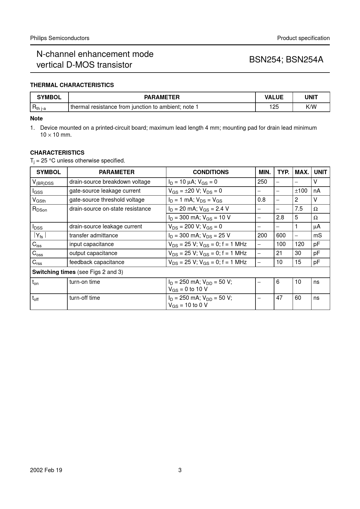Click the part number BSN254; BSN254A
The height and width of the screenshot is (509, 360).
point(286,59)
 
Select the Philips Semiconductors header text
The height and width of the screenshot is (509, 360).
point(60,38)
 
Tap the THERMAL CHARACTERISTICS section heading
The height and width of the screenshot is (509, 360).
point(72,85)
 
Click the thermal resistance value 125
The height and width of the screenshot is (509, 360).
point(274,107)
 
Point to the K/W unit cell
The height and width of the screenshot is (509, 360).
point(311,107)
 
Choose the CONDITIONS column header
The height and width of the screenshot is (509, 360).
point(210,172)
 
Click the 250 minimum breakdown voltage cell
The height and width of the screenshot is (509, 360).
point(262,182)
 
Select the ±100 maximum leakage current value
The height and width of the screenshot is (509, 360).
point(301,191)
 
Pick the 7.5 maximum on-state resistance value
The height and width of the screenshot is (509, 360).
point(299,209)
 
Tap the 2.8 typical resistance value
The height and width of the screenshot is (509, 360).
point(280,218)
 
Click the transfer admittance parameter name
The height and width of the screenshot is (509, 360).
point(93,236)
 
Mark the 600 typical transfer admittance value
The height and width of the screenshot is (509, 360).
point(281,236)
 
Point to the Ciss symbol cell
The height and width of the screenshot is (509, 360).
point(37,245)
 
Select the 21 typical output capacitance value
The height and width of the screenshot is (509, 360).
point(279,253)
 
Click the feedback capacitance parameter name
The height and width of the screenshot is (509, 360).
point(97,262)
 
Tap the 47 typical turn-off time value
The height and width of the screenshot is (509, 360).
point(279,298)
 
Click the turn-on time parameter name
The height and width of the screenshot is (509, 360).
point(84,282)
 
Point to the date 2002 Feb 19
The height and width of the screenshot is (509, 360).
point(46,470)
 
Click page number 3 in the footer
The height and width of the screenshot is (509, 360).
point(180,470)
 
